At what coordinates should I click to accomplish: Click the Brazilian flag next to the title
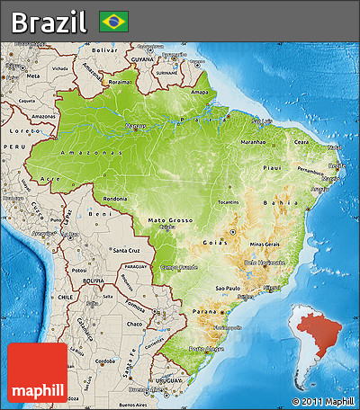click(x=114, y=20)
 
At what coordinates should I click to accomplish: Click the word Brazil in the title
click(x=49, y=21)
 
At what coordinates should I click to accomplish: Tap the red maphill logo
click(x=37, y=372)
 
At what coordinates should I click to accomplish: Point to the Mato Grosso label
click(x=171, y=219)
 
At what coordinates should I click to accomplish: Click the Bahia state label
click(x=287, y=204)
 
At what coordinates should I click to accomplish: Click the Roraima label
click(x=119, y=82)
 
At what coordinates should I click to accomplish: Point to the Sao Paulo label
click(x=227, y=289)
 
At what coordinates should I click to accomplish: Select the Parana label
click(x=205, y=311)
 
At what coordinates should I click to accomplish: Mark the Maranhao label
click(x=252, y=141)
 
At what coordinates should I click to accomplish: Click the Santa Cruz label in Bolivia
click(x=125, y=251)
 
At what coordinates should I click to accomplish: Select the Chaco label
click(x=135, y=323)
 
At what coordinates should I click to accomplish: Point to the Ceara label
click(x=301, y=141)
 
